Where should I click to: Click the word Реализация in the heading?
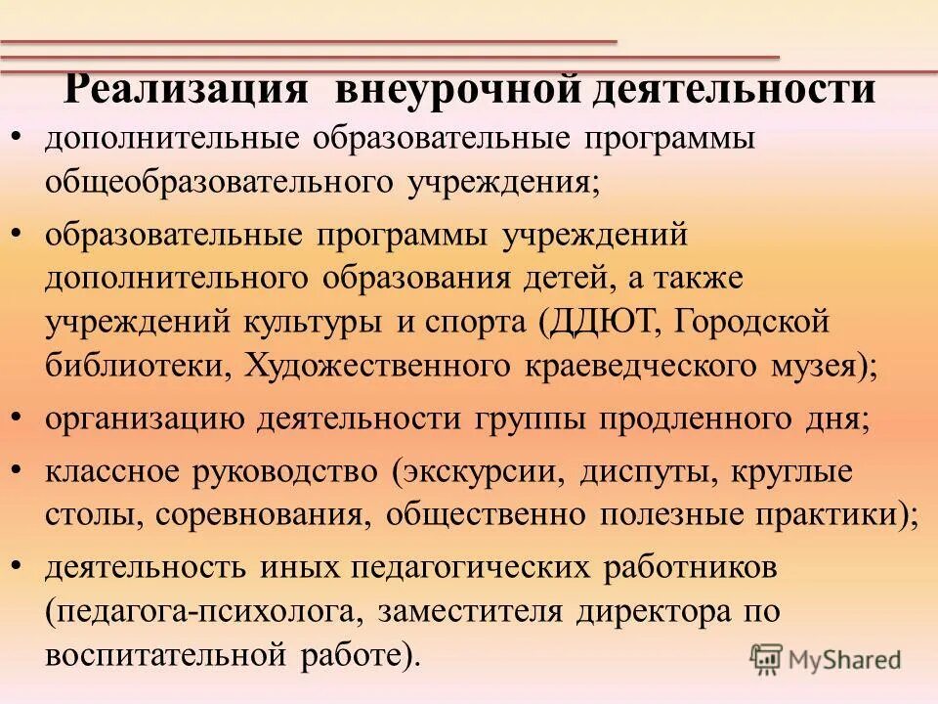188,90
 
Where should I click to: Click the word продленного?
686,418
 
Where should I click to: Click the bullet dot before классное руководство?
20,469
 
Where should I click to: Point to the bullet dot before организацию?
20,417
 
